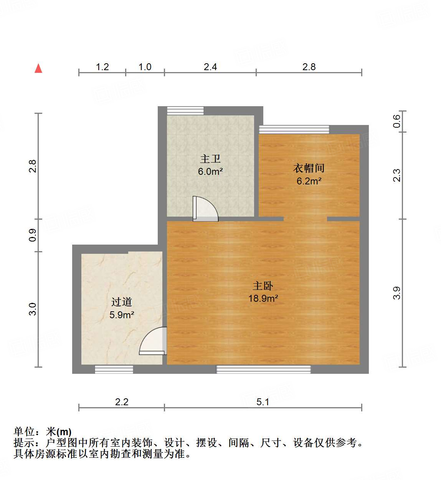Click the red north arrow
click(38, 68)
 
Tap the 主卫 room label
click(210, 159)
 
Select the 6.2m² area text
click(309, 181)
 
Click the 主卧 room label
click(263, 286)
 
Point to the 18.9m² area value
click(263, 298)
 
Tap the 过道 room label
click(122, 302)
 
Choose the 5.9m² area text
click(122, 315)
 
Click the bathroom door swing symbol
click(205, 209)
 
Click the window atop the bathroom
click(185, 110)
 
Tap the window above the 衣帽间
click(294, 129)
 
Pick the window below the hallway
click(114, 369)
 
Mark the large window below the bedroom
click(264, 369)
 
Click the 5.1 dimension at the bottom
click(263, 402)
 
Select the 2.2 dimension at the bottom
click(122, 402)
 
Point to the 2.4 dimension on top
click(210, 67)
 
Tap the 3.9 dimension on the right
click(397, 293)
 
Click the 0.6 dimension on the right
click(397, 122)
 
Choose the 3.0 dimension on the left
click(33, 309)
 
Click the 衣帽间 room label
click(309, 168)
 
